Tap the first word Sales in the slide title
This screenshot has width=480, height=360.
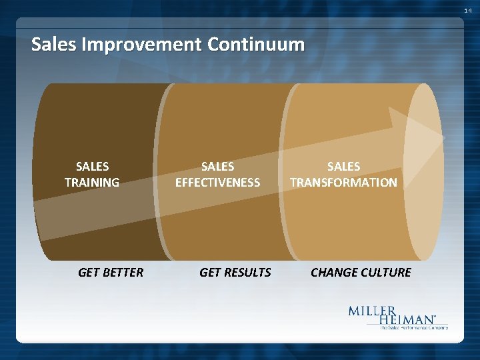coord(54,45)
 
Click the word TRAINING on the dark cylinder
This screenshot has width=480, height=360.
coord(92,182)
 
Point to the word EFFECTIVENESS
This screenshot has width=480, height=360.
coord(217,182)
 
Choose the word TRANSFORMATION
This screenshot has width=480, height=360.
coord(343,182)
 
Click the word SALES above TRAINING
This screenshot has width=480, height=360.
coord(92,166)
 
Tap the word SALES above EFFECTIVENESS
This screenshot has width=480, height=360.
coord(217,166)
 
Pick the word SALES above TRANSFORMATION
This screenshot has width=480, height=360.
coord(343,166)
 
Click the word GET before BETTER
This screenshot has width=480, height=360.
coord(89,272)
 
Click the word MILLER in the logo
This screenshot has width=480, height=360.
coord(372,311)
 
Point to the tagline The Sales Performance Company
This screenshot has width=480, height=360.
coord(413,327)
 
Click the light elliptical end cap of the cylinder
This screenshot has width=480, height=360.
coord(423,171)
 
